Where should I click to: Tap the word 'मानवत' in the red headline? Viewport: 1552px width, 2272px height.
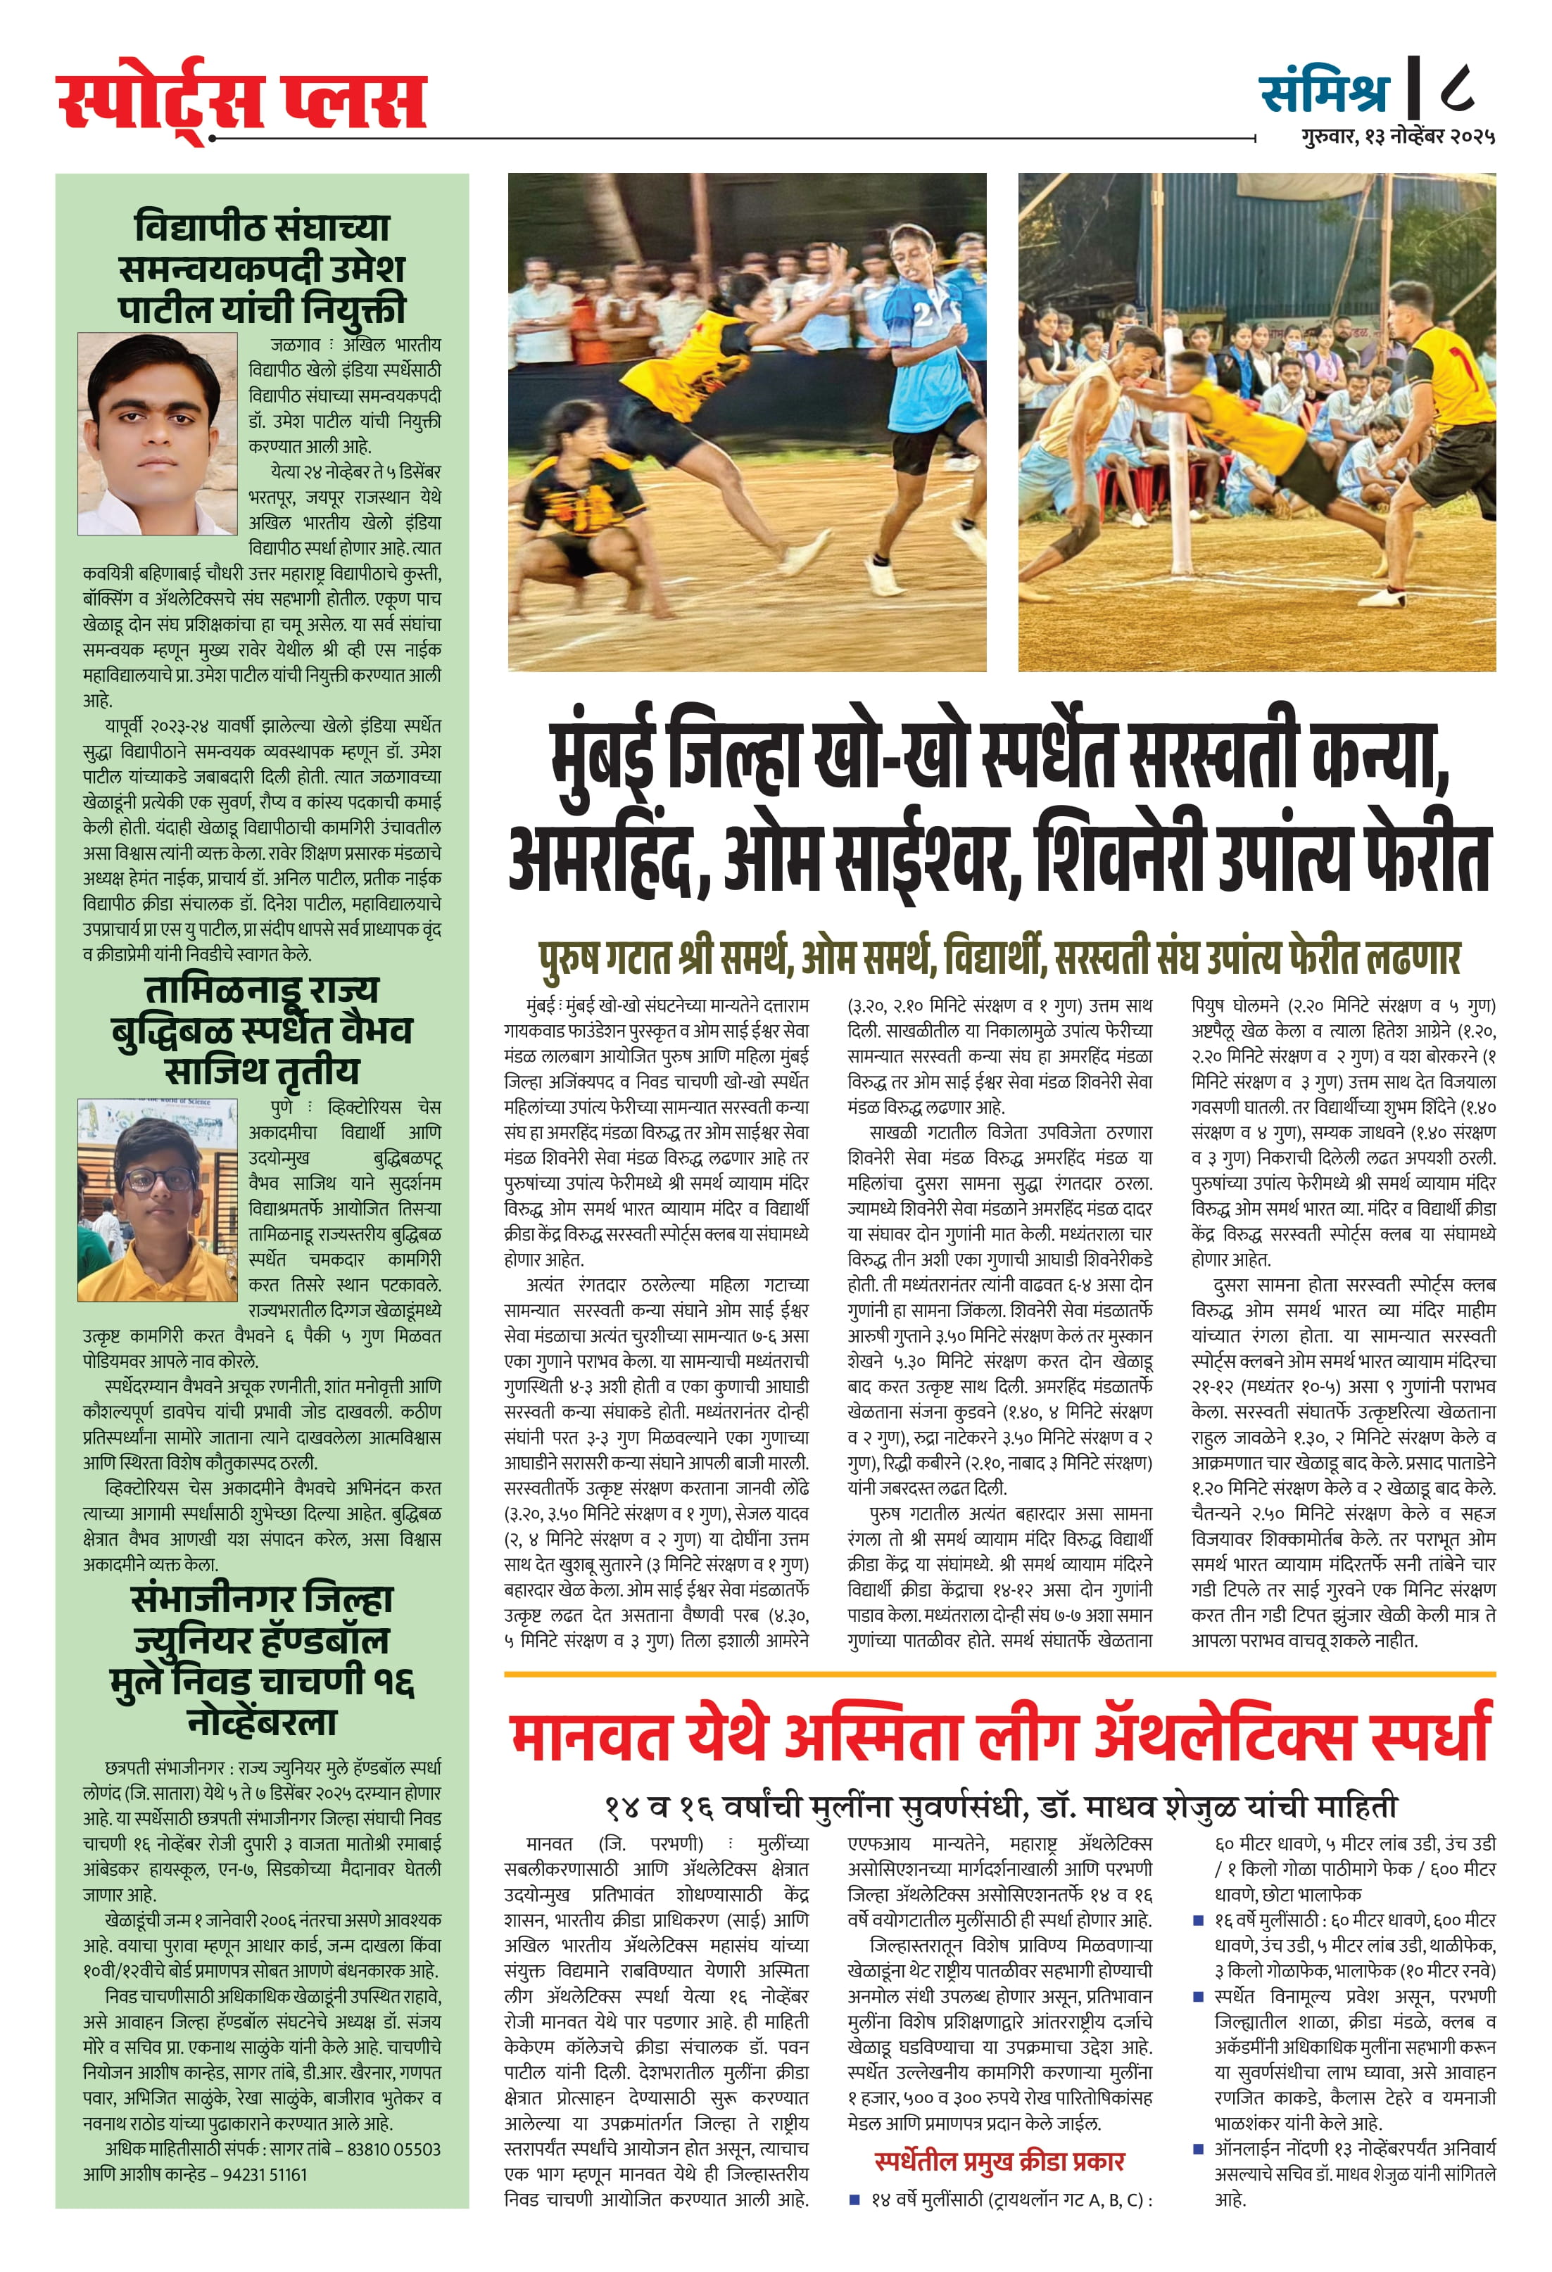point(590,1735)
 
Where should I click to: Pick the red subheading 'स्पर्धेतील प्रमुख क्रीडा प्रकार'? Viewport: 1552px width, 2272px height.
point(999,2161)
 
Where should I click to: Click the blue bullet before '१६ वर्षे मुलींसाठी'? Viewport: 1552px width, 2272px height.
point(1198,1921)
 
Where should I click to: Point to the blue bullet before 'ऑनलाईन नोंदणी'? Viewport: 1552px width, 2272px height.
point(1198,2149)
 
